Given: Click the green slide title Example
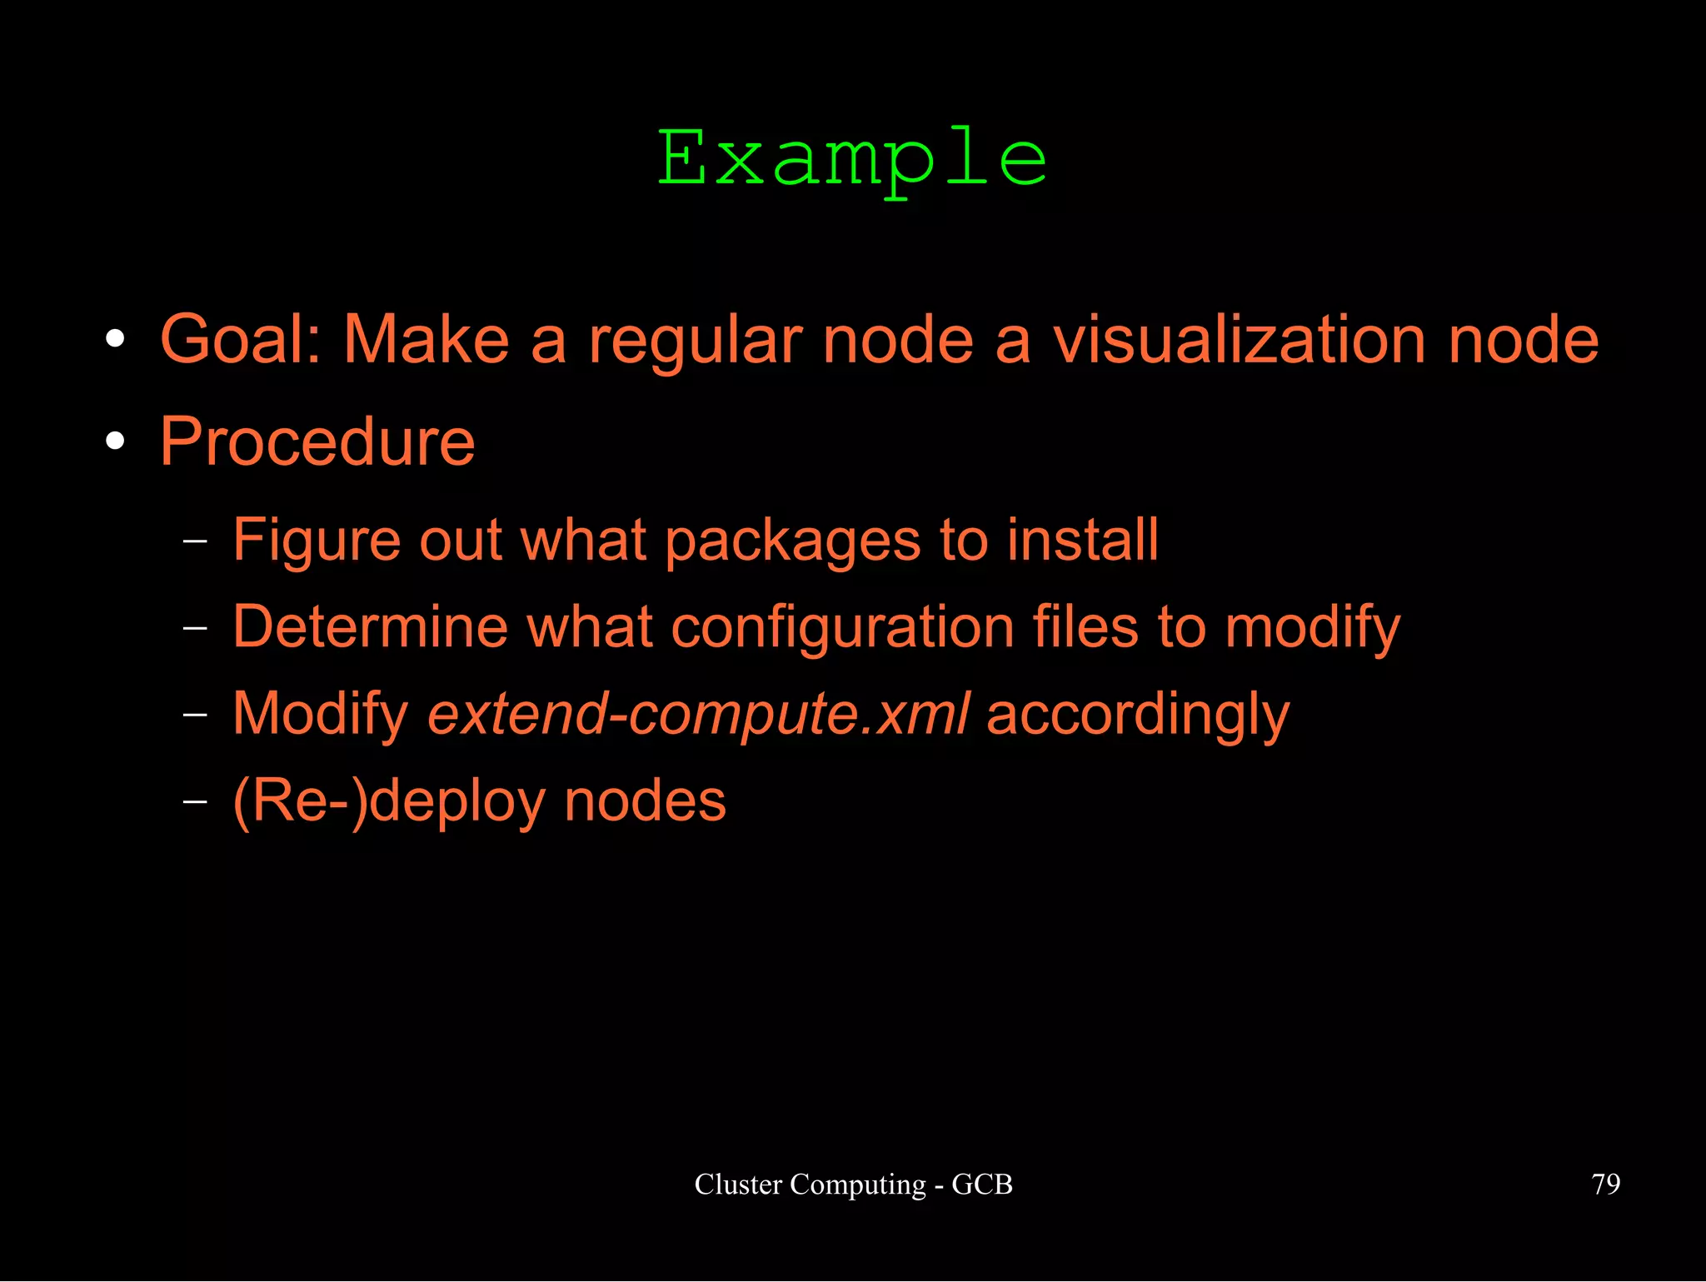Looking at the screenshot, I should (x=851, y=159).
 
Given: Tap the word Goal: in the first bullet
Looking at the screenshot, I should (x=241, y=340).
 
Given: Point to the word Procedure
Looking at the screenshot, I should (x=317, y=441).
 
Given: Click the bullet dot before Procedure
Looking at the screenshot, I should (x=116, y=441).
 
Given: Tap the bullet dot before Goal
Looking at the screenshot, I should (x=116, y=339).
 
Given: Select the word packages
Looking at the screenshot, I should (x=792, y=541).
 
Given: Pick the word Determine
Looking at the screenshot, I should (x=370, y=626).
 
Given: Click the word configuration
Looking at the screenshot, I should (x=842, y=628).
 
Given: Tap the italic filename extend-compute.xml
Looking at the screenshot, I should (x=698, y=714).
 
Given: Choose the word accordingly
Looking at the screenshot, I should (x=1137, y=716).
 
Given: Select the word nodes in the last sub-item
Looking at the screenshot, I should (x=645, y=801).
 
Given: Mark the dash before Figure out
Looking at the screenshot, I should (x=194, y=541).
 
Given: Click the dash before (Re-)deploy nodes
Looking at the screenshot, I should (x=194, y=801).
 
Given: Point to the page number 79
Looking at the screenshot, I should (x=1605, y=1184).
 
